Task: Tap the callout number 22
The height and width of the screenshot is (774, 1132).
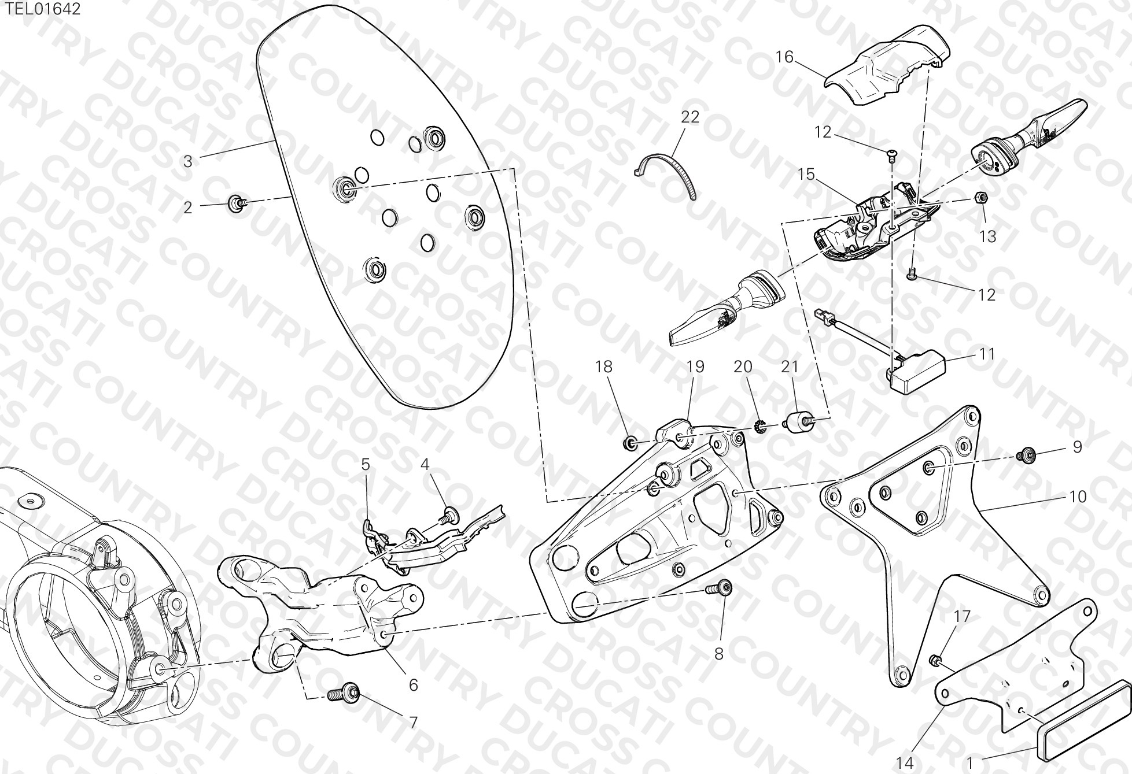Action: (690, 117)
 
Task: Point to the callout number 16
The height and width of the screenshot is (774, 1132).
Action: (785, 57)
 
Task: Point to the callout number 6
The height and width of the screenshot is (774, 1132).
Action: (413, 684)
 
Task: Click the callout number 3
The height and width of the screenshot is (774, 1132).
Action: (187, 161)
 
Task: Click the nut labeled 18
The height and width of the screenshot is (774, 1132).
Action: (630, 443)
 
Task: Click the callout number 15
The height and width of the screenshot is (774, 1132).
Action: (806, 174)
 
